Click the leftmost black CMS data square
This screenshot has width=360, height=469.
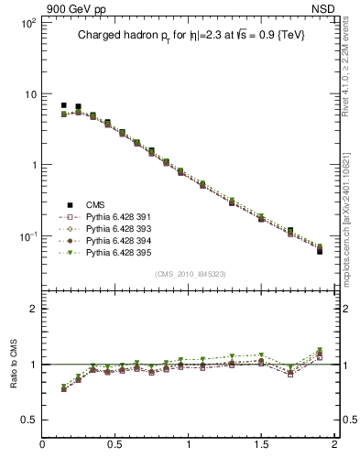coord(63,105)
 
